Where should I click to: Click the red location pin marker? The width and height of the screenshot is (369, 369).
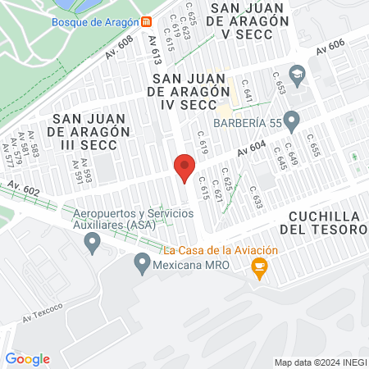coord(185,166)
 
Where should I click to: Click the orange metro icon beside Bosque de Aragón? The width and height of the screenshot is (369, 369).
coord(146,21)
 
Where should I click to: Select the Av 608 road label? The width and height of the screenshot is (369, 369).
coord(120,52)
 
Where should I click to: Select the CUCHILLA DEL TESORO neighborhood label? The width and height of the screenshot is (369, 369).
coord(326,222)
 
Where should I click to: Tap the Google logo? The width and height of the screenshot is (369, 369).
coord(27,358)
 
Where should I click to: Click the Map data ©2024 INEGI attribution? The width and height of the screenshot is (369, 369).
coord(319,362)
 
